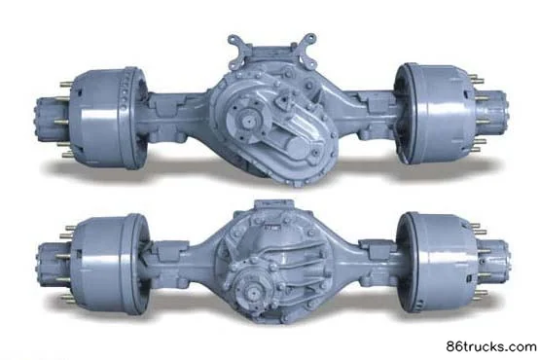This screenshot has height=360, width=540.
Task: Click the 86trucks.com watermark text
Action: [491, 346]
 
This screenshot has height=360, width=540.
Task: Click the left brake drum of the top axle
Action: [108, 117]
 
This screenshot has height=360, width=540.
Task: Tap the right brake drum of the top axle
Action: [435, 114]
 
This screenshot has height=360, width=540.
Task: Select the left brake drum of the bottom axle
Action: [110, 264]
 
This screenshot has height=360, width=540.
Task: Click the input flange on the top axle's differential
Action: [246, 121]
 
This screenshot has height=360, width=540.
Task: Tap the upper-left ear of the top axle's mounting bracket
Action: [237, 44]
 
